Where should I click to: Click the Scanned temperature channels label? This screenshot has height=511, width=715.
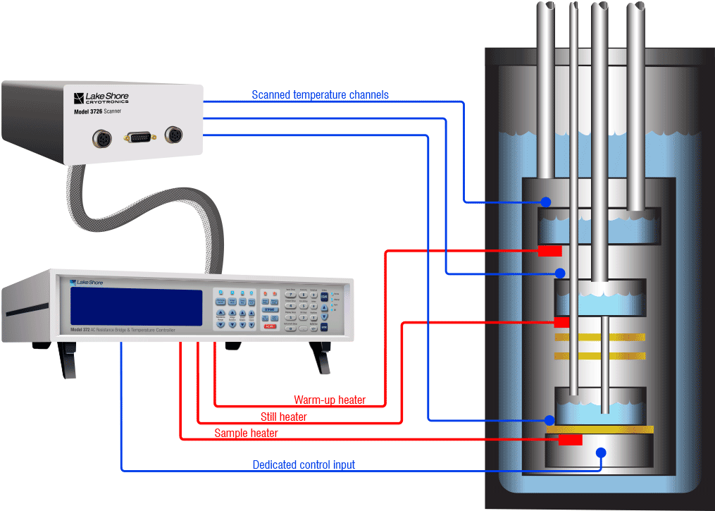point(320,95)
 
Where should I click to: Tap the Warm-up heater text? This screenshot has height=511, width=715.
point(330,400)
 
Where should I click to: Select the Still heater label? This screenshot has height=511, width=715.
point(284,417)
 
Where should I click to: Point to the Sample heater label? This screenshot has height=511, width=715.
point(246,433)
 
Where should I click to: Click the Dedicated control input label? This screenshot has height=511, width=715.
point(304,465)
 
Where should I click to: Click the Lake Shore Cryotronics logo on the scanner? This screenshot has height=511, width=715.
point(101,97)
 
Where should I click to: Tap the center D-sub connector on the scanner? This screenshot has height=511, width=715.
point(137,137)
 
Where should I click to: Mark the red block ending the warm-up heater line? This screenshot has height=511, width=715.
point(549,251)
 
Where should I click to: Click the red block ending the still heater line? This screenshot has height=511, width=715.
point(561,322)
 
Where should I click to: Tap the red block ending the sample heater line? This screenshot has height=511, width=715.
point(571,440)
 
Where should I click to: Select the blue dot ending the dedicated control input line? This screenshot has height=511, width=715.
point(600,453)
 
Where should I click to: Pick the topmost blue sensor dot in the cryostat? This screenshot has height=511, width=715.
point(546,202)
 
